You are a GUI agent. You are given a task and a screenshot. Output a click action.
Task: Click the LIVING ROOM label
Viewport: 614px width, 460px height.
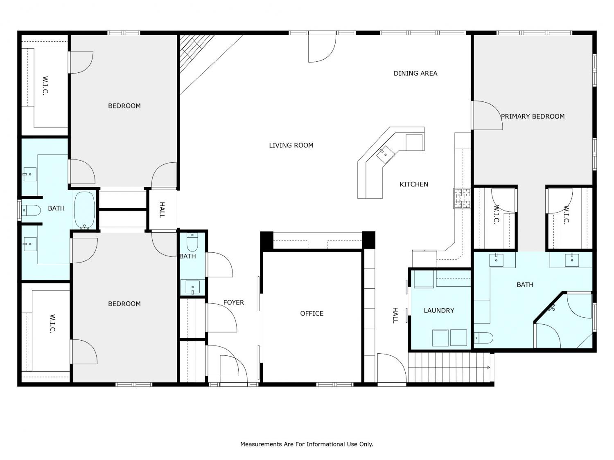[291, 145]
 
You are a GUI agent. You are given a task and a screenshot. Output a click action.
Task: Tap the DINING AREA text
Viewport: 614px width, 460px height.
[415, 74]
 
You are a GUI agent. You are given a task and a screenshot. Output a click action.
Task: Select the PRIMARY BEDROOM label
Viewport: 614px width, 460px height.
[532, 117]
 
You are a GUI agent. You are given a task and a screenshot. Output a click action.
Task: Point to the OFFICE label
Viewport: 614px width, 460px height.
[312, 313]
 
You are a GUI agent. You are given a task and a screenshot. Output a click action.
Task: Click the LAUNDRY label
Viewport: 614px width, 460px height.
[439, 310]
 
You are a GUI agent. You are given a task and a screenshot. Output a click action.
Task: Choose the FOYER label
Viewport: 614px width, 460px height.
[233, 302]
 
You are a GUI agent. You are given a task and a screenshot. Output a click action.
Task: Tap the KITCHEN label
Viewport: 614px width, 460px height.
[414, 184]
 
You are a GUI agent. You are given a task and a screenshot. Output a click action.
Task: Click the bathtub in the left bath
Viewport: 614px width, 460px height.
[84, 210]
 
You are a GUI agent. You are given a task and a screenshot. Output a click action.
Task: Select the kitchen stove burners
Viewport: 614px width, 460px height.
[462, 198]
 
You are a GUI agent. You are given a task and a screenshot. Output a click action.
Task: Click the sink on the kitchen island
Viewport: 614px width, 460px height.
[385, 155]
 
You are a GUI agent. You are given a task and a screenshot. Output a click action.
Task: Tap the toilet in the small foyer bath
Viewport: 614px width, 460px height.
[192, 242]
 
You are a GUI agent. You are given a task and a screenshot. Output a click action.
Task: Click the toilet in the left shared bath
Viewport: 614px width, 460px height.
[31, 210]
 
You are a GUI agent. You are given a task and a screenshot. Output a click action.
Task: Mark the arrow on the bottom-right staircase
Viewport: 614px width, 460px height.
[488, 367]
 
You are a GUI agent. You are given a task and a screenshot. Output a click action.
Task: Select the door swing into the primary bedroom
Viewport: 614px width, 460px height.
[487, 115]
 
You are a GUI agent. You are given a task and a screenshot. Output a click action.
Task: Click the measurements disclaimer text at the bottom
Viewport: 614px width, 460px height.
[307, 444]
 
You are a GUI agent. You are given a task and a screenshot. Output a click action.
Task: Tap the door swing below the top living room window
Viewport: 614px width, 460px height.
[322, 47]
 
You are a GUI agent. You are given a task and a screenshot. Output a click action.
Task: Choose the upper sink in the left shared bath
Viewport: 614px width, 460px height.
[30, 174]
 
